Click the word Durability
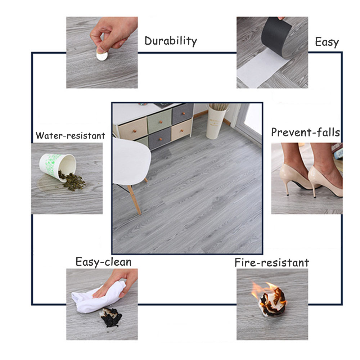pyautogui.click(x=171, y=41)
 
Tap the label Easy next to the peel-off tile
pyautogui.click(x=327, y=42)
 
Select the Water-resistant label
pyautogui.click(x=70, y=135)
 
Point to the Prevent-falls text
pyautogui.click(x=305, y=132)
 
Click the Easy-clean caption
pyautogui.click(x=103, y=262)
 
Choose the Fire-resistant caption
pyautogui.click(x=271, y=263)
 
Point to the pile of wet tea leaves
pyautogui.click(x=72, y=181)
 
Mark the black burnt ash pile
pyautogui.click(x=111, y=317)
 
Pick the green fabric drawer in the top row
pyautogui.click(x=159, y=121)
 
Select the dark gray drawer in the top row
pyautogui.click(x=183, y=113)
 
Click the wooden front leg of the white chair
pyautogui.click(x=134, y=200)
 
